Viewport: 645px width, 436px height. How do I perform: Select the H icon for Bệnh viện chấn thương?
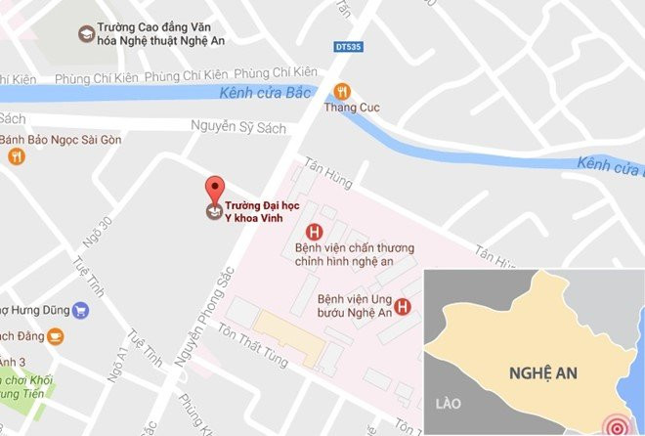coord(314,232)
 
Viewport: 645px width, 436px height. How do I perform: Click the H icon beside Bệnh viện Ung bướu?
coord(403,306)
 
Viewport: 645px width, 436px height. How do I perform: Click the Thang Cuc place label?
coord(352,108)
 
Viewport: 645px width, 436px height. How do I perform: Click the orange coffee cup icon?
coord(57,336)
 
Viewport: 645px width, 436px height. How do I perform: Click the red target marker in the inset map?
coord(617,423)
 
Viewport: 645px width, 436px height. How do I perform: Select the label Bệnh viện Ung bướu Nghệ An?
coord(356,306)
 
